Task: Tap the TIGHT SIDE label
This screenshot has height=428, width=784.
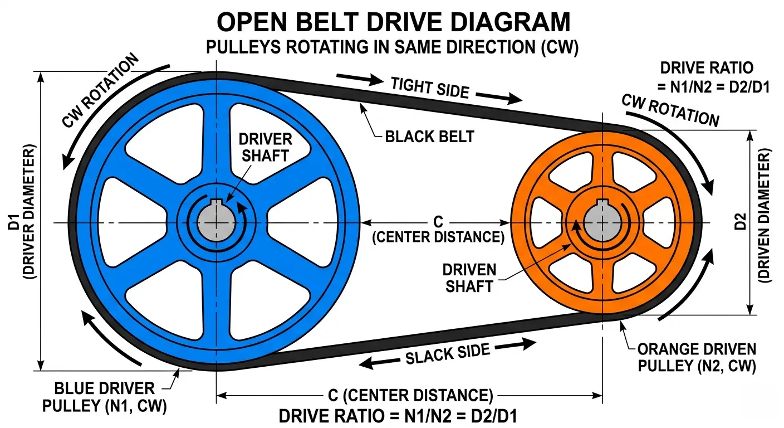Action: point(429,87)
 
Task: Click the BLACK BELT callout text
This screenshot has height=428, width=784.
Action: point(429,136)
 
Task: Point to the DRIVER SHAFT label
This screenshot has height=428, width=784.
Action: point(265,147)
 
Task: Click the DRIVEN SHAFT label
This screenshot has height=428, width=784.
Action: point(469,278)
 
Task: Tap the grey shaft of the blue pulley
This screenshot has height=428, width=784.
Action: point(215,223)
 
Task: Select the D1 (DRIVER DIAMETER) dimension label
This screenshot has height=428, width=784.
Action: point(22,221)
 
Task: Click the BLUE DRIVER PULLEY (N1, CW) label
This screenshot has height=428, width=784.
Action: point(105,397)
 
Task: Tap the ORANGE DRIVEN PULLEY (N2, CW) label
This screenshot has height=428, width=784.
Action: point(697,358)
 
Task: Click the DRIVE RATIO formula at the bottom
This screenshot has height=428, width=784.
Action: point(399,416)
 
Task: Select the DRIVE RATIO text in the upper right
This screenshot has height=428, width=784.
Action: point(707,77)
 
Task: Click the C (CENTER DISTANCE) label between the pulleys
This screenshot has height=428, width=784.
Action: point(438,229)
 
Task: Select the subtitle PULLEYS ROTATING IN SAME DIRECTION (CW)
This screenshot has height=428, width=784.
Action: point(393,47)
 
